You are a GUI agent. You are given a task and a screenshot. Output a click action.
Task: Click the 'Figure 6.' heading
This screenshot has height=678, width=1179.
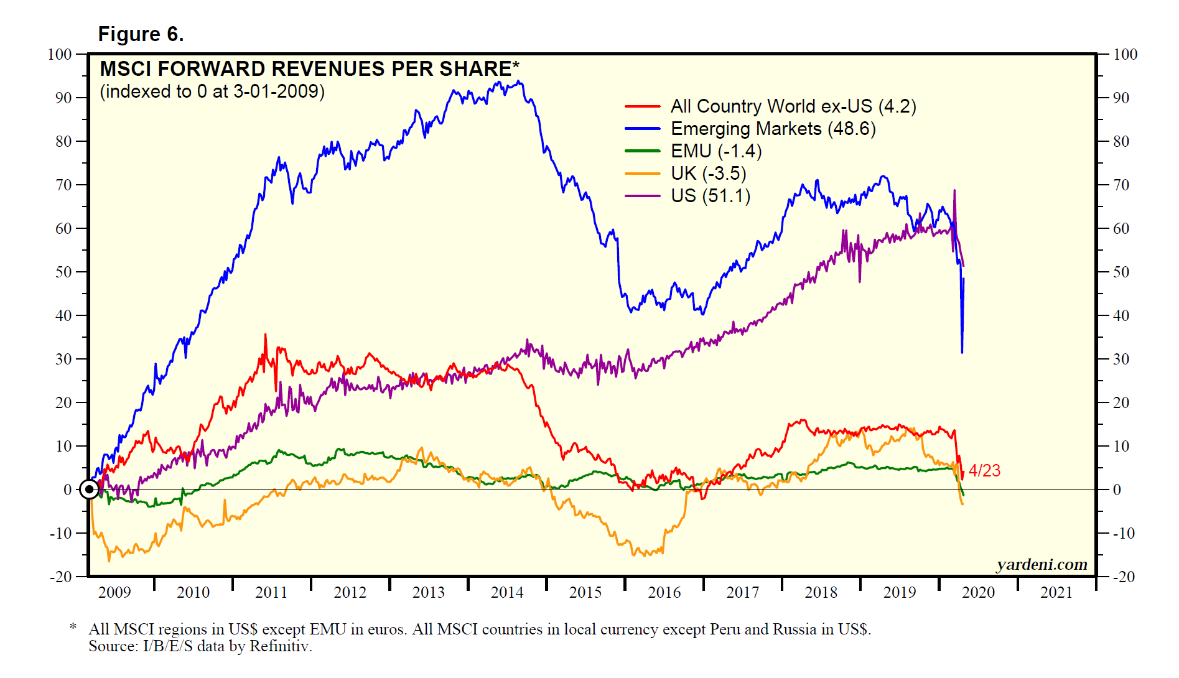[x=141, y=34]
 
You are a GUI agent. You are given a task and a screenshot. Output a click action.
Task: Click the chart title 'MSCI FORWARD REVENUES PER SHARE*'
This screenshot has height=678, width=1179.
[x=309, y=68]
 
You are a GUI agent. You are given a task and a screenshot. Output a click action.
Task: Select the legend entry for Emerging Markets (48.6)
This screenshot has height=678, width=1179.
[x=773, y=129]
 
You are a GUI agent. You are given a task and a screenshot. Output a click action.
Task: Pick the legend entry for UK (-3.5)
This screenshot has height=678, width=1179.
[x=708, y=174]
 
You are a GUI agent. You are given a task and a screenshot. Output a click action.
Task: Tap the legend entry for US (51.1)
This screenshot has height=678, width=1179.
[x=710, y=196]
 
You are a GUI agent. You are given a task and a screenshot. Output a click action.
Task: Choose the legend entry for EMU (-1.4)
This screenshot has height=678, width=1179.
[x=715, y=151]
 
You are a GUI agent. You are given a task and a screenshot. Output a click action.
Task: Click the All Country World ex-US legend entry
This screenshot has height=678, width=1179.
[x=793, y=106]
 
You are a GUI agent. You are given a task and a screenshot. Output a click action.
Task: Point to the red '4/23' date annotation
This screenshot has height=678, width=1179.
[x=984, y=471]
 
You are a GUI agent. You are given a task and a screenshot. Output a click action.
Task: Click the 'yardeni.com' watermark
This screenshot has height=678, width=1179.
[x=1042, y=564]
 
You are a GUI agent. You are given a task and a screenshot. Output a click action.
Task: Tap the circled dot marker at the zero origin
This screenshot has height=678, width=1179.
[x=90, y=490]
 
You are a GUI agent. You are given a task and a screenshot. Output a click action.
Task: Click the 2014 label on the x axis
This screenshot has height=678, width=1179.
[x=507, y=592]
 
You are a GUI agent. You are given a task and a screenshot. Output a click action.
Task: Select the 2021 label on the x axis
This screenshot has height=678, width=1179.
[x=1056, y=592]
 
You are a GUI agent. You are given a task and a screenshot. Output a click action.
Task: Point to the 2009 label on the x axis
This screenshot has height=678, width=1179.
[x=114, y=592]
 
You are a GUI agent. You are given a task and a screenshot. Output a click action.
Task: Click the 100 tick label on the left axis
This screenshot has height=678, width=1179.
[x=60, y=54]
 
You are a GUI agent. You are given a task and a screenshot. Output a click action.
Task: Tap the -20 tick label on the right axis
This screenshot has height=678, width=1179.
[x=1124, y=577]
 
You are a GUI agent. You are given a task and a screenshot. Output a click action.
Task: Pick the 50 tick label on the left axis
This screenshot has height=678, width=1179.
[x=63, y=272]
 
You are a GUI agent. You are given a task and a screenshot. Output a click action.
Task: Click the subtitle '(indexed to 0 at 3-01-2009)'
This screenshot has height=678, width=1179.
[x=212, y=91]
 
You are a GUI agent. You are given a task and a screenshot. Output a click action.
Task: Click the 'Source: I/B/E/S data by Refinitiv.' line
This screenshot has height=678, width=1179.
[x=200, y=646]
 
